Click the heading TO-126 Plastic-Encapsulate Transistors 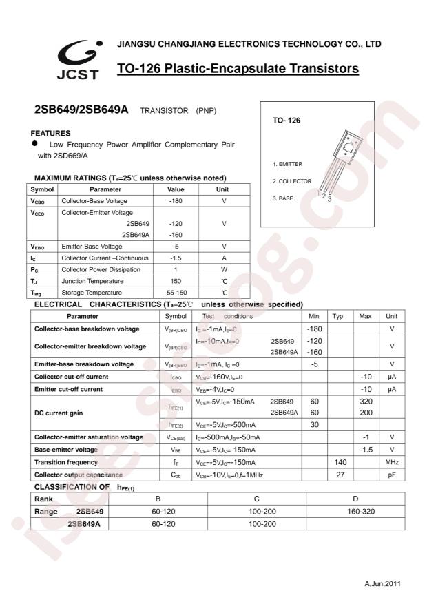click(238, 69)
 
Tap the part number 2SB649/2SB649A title click(81, 110)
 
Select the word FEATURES click(52, 132)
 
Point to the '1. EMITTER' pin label click(287, 164)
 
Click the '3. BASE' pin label click(283, 198)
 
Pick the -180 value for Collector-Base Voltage click(174, 200)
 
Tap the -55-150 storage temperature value click(174, 293)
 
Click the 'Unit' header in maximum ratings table click(222, 189)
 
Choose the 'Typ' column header click(338, 316)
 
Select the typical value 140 click(339, 462)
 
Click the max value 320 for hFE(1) click(366, 401)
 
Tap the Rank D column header click(355, 499)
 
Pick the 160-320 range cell click(355, 512)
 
